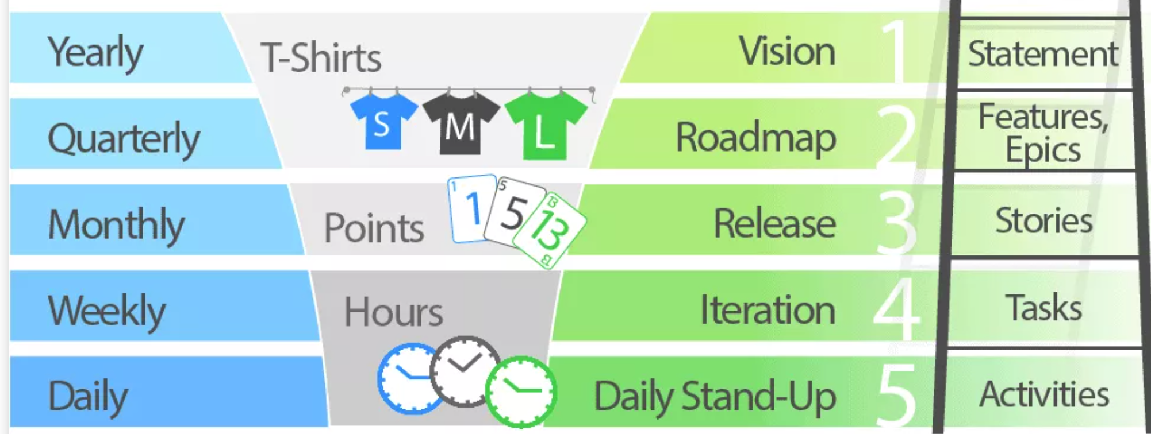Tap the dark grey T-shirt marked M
click(461, 123)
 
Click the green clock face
click(521, 392)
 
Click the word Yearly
click(95, 52)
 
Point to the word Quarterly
click(124, 138)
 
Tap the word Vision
click(786, 51)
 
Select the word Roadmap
click(755, 138)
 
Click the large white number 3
click(897, 223)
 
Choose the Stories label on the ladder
click(1043, 220)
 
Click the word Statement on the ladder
click(1043, 54)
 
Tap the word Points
click(374, 228)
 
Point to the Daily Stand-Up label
click(715, 396)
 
